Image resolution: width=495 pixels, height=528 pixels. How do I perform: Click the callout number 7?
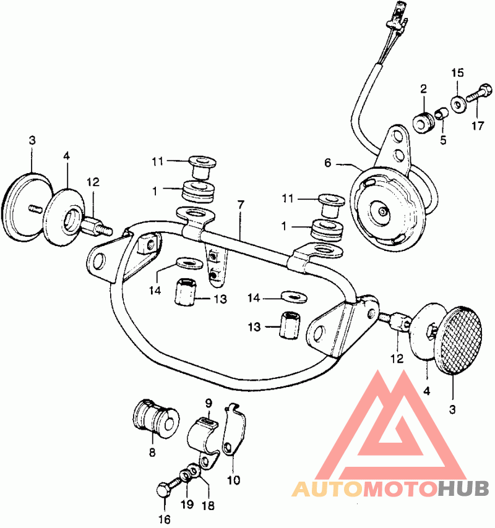point(240,205)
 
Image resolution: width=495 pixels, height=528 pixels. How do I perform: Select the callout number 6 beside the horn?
point(328,163)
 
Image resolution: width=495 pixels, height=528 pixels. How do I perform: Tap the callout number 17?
point(477,126)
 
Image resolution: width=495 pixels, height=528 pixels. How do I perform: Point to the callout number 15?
point(458,73)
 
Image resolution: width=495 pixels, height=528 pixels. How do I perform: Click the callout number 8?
point(152,452)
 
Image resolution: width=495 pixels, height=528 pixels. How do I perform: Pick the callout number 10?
point(233,480)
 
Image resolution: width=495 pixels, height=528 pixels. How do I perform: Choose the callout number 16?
point(165,519)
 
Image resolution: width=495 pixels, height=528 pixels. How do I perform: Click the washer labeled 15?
point(458,104)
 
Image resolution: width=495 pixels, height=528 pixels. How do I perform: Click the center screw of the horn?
point(382,211)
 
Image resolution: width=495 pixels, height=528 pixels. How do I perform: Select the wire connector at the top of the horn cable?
point(398,20)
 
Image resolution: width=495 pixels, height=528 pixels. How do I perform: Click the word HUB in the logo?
point(463,488)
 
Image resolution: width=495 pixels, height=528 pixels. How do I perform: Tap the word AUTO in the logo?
point(327,489)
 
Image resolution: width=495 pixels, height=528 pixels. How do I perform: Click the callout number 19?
point(187,504)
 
